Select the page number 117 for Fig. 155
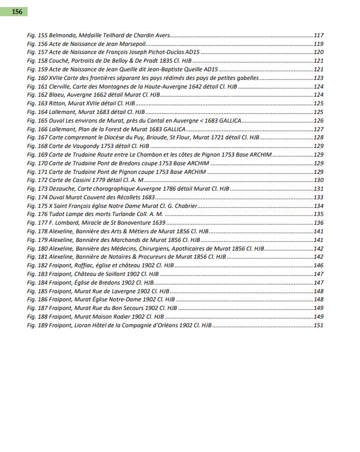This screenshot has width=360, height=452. (x=318, y=35)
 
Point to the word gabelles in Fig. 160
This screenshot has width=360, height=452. (x=247, y=78)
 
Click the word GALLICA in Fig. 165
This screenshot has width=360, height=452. (x=230, y=121)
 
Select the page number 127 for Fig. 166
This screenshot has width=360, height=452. (x=318, y=130)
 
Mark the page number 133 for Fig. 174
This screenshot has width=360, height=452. (x=318, y=198)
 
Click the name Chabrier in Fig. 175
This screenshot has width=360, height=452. (x=182, y=206)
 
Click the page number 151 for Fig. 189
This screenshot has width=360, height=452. (x=318, y=326)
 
